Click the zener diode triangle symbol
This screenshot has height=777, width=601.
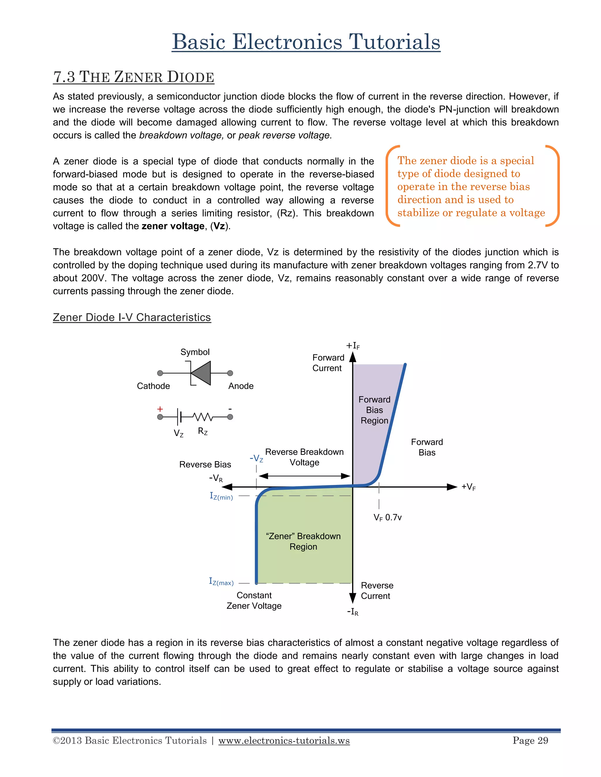pos(202,373)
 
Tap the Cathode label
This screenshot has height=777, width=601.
pos(153,386)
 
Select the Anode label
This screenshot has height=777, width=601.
pos(241,386)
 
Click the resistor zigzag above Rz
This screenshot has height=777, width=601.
pos(202,417)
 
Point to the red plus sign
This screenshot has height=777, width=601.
pos(160,409)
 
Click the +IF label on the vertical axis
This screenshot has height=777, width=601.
pos(352,345)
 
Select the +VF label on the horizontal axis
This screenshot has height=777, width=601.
pos(468,487)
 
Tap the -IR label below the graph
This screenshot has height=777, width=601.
pos(352,612)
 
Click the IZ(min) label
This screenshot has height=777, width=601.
pos(221,496)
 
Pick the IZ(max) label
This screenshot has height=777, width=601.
pos(221,582)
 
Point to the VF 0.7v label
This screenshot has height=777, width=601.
pos(387,518)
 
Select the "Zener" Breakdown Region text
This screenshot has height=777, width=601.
pos(303,541)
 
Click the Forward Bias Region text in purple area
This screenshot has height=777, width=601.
pos(374,410)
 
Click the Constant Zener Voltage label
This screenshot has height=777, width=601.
pos(254,600)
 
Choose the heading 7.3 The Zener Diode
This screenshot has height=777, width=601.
pos(134,77)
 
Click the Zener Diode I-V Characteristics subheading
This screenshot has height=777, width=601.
pos(132,317)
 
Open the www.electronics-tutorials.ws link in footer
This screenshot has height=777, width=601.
pos(284,741)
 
